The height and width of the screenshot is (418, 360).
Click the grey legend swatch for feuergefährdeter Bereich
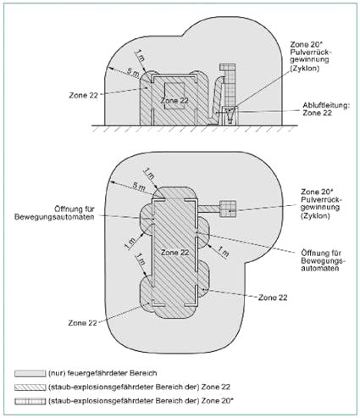pos(30,373)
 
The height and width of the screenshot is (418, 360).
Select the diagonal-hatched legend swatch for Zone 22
pos(30,387)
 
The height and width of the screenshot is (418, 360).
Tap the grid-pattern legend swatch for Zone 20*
pos(30,401)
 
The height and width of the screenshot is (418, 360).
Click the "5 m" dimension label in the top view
pos(132,73)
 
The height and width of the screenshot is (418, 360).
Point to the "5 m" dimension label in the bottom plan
pos(139,187)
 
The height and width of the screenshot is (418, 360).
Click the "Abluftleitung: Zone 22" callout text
pos(326,109)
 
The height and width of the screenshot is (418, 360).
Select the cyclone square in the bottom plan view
pos(228,209)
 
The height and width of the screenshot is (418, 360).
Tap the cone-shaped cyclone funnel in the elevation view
pos(230,116)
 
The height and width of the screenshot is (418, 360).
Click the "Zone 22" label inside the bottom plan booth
pos(174,253)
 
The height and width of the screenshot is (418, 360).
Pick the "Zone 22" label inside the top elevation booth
pos(174,100)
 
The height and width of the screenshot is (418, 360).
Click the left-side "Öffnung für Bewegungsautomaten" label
pos(54,213)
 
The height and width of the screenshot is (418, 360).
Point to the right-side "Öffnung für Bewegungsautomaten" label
pos(324,260)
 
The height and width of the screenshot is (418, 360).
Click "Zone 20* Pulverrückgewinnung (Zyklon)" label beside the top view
pos(309,56)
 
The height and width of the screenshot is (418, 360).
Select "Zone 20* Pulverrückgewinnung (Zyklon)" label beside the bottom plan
pos(321,203)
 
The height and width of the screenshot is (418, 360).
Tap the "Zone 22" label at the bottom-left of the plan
pos(82,323)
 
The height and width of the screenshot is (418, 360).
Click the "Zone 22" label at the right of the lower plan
pos(273,298)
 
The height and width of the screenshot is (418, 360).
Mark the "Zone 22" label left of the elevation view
pos(83,95)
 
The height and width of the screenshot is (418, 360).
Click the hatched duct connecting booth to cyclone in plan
pos(208,209)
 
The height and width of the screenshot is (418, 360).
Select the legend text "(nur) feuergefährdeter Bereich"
pos(102,373)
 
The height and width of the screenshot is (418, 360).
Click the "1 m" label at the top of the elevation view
pos(140,56)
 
